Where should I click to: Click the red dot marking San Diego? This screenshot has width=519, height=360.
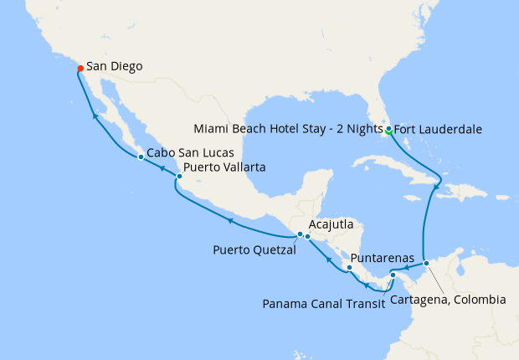click(x=80, y=68)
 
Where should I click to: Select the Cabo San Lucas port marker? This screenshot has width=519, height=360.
click(x=139, y=155)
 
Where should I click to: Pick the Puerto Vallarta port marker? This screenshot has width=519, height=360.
click(x=179, y=176)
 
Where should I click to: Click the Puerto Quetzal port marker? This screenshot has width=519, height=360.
click(x=301, y=234)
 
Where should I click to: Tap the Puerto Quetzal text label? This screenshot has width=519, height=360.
click(x=254, y=249)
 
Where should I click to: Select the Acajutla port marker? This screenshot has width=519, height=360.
click(x=308, y=236)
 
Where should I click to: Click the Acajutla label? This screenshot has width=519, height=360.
click(x=331, y=225)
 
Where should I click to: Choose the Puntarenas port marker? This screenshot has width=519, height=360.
click(x=350, y=268)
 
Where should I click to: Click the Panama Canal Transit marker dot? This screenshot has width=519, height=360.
click(x=393, y=275)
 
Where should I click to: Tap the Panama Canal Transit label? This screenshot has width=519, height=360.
click(x=324, y=304)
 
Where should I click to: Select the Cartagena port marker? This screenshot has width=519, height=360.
click(x=426, y=263)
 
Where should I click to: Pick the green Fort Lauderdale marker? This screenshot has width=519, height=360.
click(x=388, y=129)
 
